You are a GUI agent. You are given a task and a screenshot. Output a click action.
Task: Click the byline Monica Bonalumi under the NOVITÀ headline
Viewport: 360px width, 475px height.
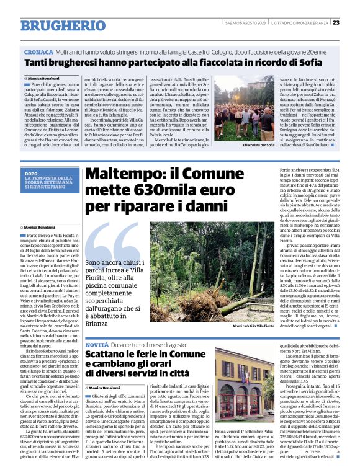(104, 388)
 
